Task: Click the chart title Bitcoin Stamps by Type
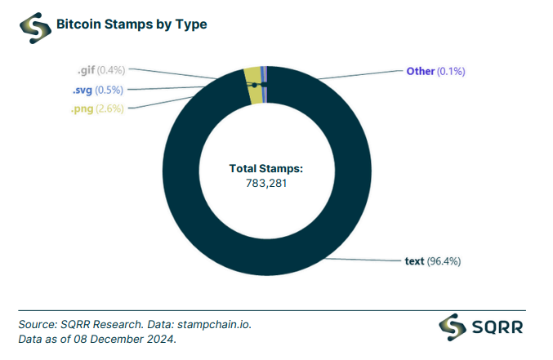(131, 24)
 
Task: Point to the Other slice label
(420, 71)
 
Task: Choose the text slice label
(414, 261)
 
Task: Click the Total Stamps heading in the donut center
(265, 168)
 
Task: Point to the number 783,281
(266, 183)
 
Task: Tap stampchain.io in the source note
(215, 324)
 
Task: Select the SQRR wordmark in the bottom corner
(497, 327)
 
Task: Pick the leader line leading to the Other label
(359, 74)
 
